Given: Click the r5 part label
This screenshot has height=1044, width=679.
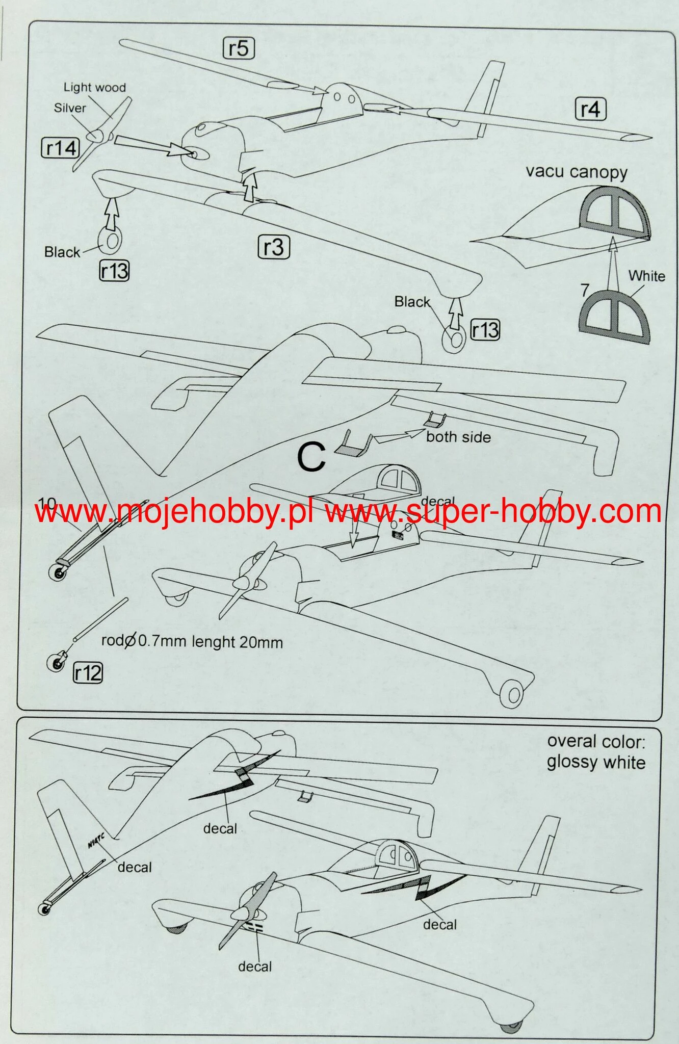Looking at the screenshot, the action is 239,48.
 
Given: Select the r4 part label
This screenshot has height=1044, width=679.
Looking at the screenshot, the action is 590,109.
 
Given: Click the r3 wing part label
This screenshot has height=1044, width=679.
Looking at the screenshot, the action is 274,247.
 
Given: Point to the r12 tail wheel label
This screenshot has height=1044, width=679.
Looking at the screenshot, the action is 88,673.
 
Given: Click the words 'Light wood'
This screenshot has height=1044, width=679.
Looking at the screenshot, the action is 94,87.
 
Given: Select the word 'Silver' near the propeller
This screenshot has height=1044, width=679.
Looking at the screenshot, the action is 70,108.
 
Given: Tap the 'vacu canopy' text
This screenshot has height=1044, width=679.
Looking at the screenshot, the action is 577,172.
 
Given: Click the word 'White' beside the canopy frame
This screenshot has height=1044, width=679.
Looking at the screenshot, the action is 646,276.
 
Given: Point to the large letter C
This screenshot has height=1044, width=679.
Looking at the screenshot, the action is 311,457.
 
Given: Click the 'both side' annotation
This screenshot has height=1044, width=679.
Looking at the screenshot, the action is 458,437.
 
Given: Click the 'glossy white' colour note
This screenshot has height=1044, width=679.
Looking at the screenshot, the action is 596,762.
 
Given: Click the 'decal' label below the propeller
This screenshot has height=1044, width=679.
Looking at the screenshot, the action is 255,966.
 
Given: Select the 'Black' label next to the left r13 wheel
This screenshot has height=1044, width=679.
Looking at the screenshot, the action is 62,252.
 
